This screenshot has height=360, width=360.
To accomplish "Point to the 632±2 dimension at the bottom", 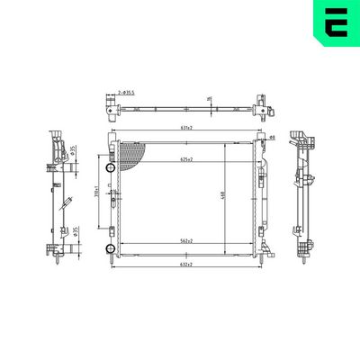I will pyautogui.click(x=186, y=265).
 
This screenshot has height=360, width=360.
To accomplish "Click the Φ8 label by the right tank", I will pyautogui.click(x=272, y=137).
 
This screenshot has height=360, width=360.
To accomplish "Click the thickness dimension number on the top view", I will pyautogui.click(x=209, y=99).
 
